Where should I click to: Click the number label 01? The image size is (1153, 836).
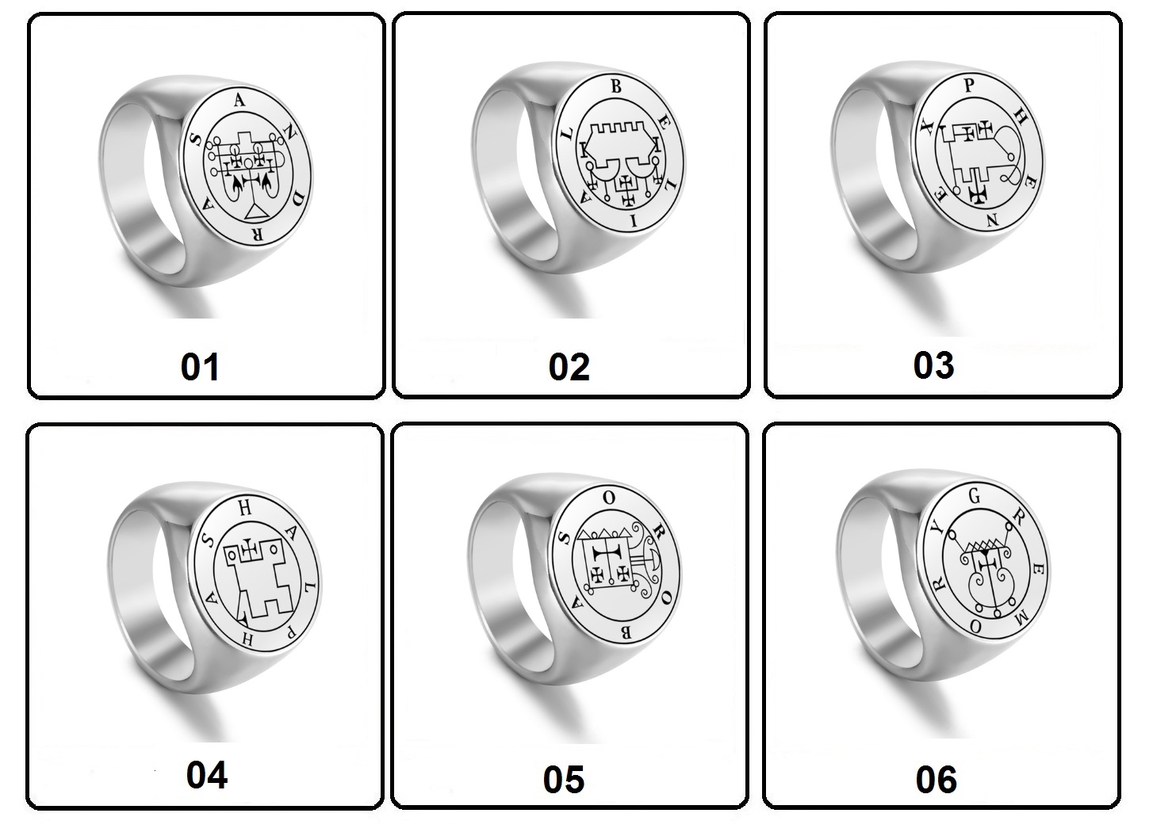click(x=201, y=367)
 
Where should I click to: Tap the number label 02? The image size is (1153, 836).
click(x=569, y=367)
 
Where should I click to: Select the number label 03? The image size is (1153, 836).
click(x=933, y=365)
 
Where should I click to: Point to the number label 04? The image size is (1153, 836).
click(x=206, y=775)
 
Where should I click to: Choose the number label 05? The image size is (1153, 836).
click(x=564, y=780)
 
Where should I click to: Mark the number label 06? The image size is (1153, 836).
click(x=937, y=780)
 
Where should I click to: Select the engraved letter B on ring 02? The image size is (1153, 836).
click(x=615, y=87)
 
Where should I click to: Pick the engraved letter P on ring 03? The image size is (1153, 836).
click(x=969, y=86)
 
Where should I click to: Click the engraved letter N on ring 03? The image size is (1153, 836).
click(x=993, y=220)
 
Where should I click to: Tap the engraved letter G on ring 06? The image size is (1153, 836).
click(x=975, y=496)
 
